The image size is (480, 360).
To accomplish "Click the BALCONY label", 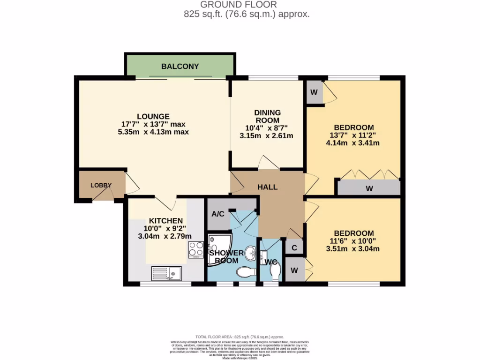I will click(180, 67).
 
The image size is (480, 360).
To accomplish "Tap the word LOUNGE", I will click(153, 116).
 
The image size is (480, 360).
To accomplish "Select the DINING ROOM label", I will click(267, 116).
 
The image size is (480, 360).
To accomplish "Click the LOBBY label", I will click(101, 185).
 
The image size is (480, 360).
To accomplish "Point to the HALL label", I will click(267, 187).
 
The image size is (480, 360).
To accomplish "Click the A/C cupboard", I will click(218, 214).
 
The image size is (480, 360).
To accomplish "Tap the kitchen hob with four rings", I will click(195, 249).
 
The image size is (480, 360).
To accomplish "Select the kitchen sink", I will click(167, 272).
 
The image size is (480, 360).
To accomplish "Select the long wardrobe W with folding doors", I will click(369, 188).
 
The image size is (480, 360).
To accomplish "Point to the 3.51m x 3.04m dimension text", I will click(353, 248).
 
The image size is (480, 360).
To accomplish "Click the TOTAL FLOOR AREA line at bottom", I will click(240, 337).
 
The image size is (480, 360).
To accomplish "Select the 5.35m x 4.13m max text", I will click(153, 132).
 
